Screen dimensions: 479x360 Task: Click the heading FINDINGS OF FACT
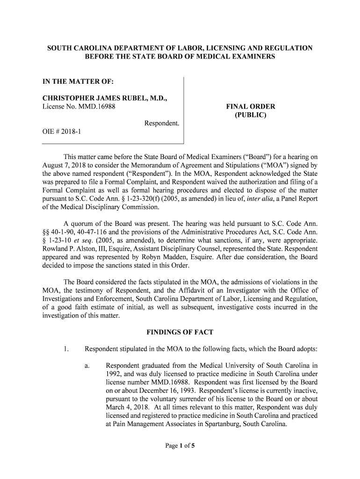coord(180,332)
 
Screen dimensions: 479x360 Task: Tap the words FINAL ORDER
coord(251,107)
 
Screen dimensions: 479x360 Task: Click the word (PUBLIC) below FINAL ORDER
coord(251,115)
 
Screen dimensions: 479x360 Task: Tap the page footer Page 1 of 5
coord(180,445)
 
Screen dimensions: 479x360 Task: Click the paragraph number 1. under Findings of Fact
coord(66,348)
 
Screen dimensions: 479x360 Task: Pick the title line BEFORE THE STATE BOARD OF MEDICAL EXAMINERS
coord(180,57)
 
